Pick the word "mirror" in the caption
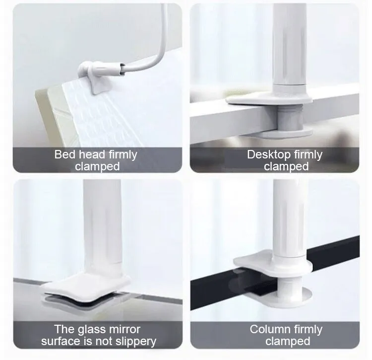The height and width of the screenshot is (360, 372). [x=124, y=329]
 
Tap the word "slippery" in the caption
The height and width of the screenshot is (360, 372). [x=133, y=341]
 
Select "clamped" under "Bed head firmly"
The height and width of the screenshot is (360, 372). [x=97, y=166]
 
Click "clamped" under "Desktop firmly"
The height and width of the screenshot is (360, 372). [x=286, y=166]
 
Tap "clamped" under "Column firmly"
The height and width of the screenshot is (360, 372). [x=288, y=341]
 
